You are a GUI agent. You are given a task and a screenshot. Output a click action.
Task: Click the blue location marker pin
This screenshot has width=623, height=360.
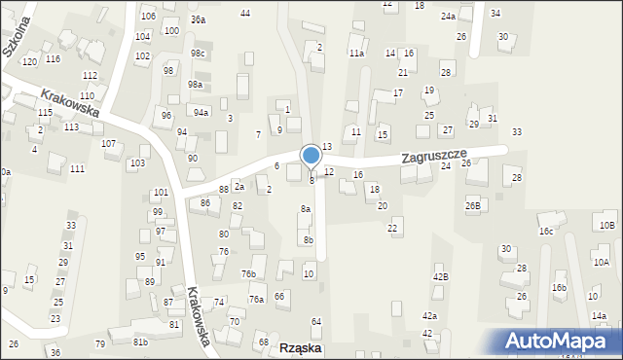(311, 157)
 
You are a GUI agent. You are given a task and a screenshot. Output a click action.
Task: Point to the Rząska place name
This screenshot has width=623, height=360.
(301, 347)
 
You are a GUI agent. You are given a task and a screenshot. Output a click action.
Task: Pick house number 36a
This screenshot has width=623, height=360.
(198, 19)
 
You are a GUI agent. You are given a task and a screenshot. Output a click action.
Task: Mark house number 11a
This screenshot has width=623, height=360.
(357, 54)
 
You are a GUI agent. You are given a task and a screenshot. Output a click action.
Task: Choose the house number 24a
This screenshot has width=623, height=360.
(448, 17)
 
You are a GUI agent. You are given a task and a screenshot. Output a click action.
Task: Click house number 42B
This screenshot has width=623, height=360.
(441, 277)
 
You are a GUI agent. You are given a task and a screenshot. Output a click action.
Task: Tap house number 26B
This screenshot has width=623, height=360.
(473, 206)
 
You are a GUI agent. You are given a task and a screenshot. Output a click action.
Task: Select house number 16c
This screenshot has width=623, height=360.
(546, 232)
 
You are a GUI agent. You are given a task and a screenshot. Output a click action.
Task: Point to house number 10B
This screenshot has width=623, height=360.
(607, 226)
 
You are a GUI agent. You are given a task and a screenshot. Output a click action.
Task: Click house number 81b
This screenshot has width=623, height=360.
(141, 342)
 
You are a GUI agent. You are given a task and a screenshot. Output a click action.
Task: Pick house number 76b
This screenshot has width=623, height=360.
(249, 274)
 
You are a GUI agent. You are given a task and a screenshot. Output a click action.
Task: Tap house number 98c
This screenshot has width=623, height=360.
(198, 54)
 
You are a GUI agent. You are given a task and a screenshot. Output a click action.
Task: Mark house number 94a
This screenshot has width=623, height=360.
(201, 112)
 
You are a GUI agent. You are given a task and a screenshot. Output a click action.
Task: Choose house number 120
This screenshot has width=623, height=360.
(30, 61)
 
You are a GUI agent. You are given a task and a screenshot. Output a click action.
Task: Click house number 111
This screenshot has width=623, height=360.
(77, 169)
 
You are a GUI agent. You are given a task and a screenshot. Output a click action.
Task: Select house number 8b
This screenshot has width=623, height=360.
(309, 240)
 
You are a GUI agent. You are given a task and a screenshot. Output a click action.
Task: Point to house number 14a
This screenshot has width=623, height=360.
(599, 315)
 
